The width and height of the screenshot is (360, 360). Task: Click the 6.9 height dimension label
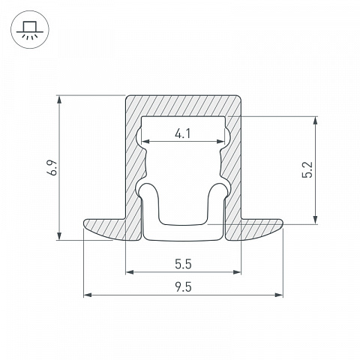tap(54, 168)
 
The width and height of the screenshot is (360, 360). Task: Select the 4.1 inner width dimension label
tap(183, 133)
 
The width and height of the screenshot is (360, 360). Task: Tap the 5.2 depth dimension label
tap(307, 169)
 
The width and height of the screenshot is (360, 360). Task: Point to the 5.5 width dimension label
tap(183, 264)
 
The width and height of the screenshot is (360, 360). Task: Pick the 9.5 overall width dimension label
tap(183, 287)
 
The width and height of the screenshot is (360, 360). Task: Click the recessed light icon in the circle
tap(30, 29)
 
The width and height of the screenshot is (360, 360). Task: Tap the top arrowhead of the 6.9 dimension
tap(59, 100)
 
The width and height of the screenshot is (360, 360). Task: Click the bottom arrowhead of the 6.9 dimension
tap(59, 235)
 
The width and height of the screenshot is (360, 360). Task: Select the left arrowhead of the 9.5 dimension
tap(88, 295)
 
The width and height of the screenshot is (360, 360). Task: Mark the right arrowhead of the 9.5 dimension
tap(279, 295)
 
